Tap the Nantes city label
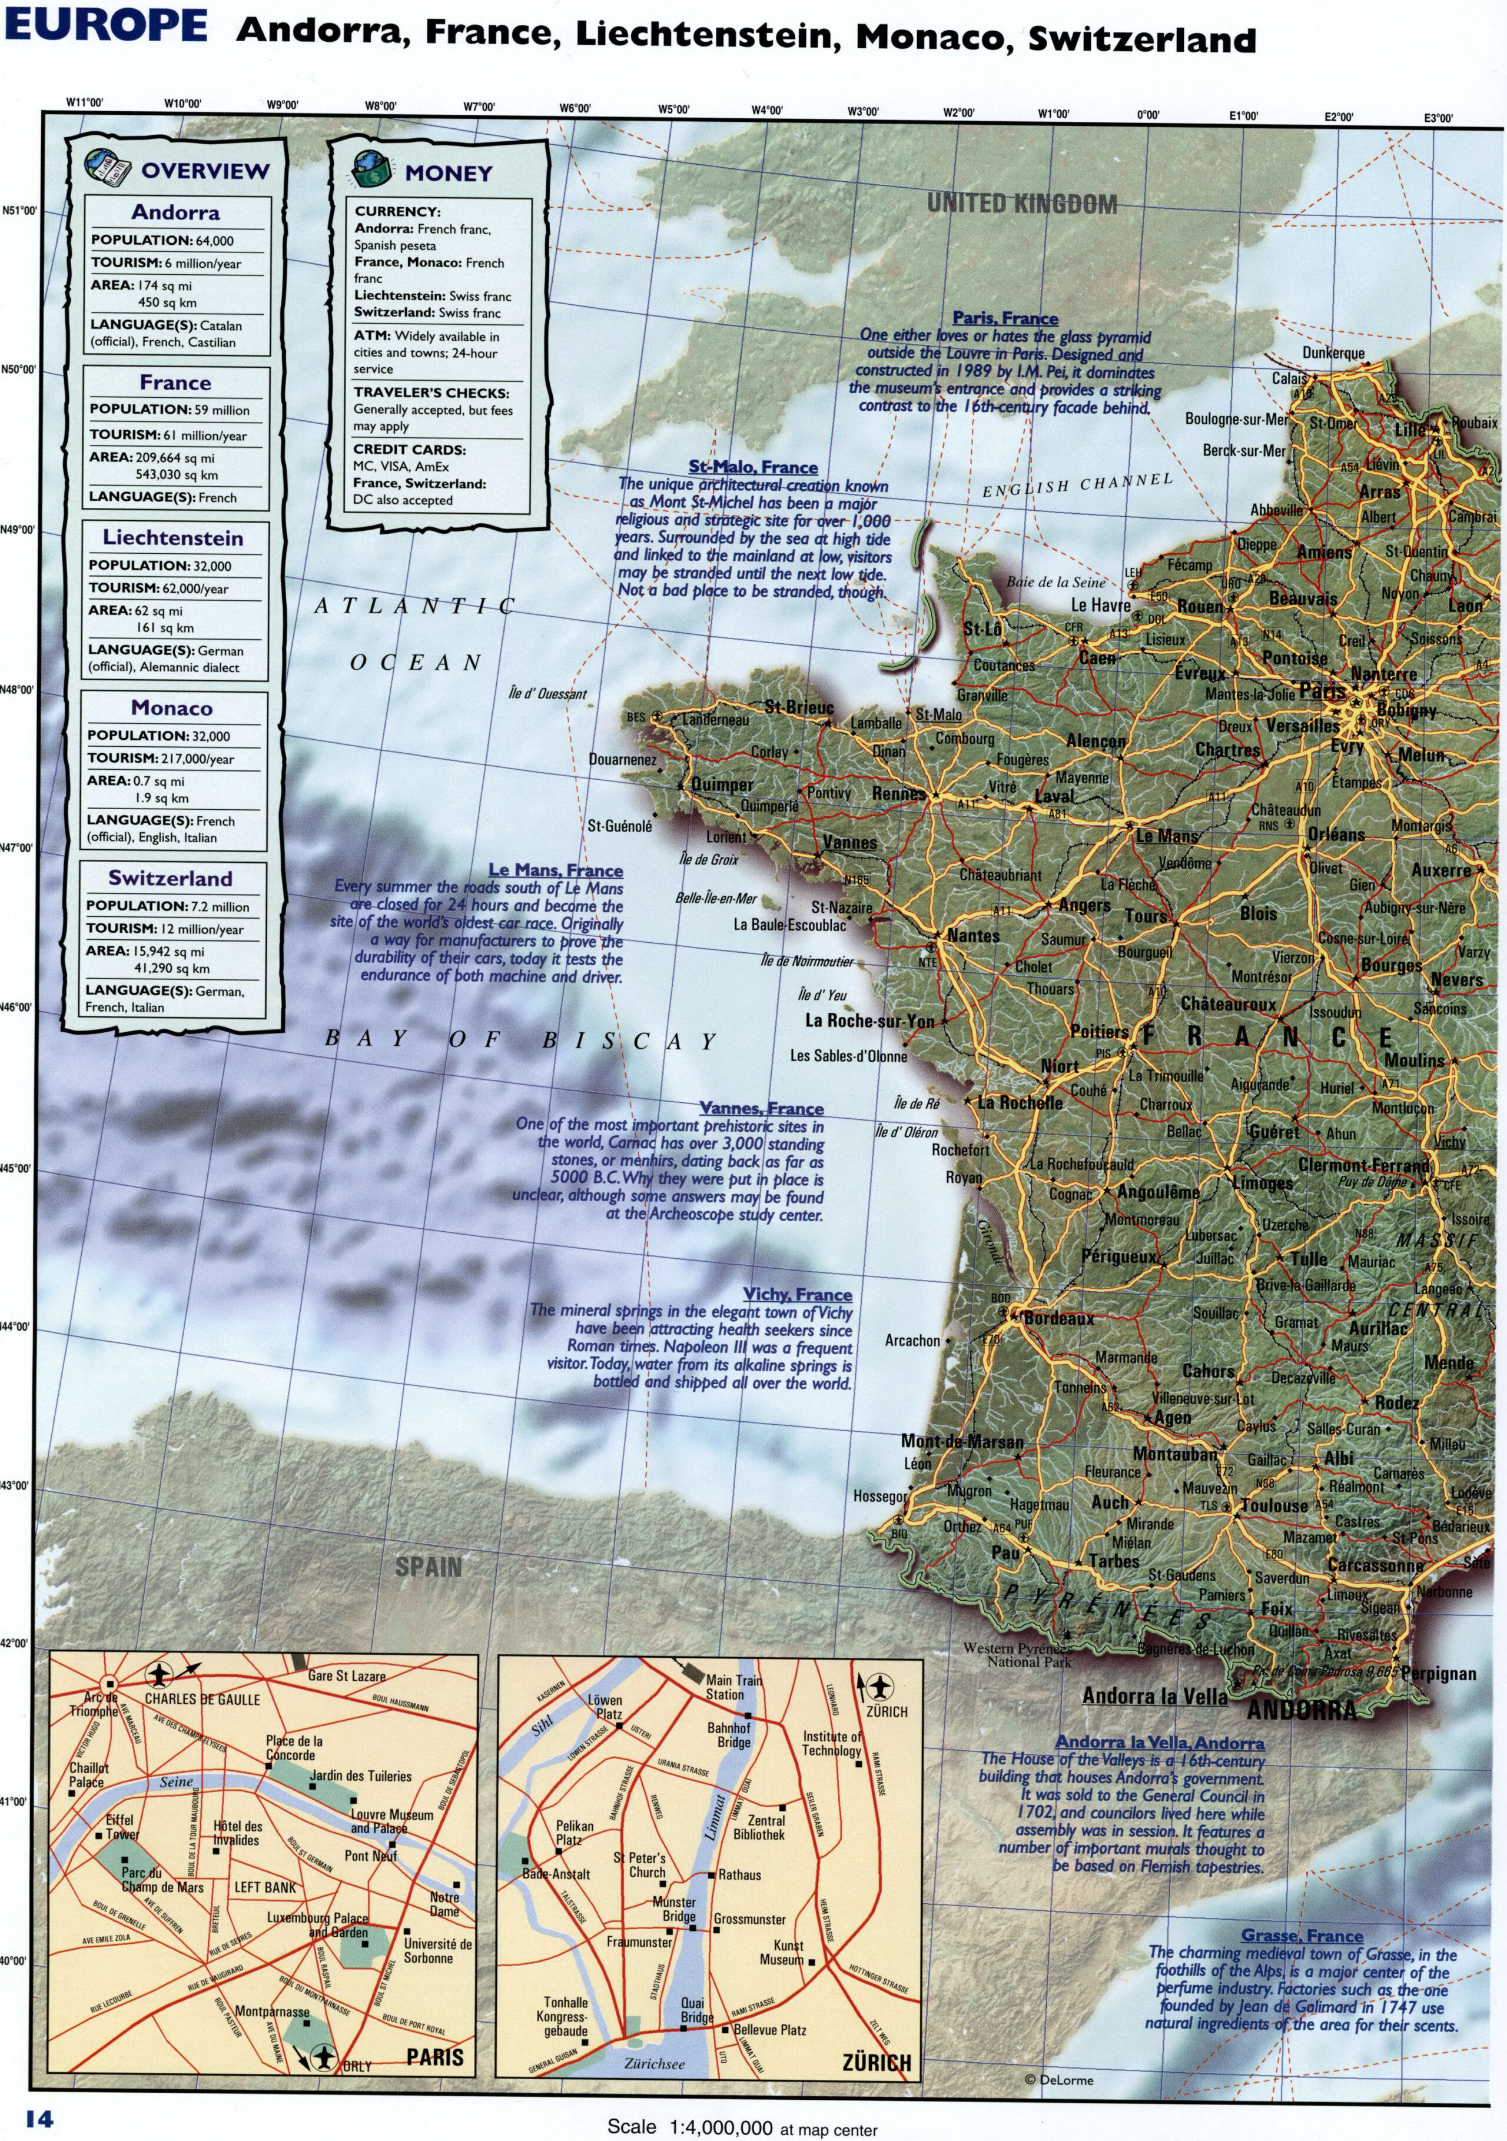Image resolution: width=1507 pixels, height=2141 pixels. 974,935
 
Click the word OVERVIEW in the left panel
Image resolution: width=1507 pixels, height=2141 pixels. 205,171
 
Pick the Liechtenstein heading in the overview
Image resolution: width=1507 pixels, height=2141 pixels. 172,538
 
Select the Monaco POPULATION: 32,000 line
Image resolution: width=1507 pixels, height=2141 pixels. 158,736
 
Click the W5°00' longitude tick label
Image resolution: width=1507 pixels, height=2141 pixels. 673,109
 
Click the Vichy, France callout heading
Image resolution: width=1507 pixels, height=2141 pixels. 797,1294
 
